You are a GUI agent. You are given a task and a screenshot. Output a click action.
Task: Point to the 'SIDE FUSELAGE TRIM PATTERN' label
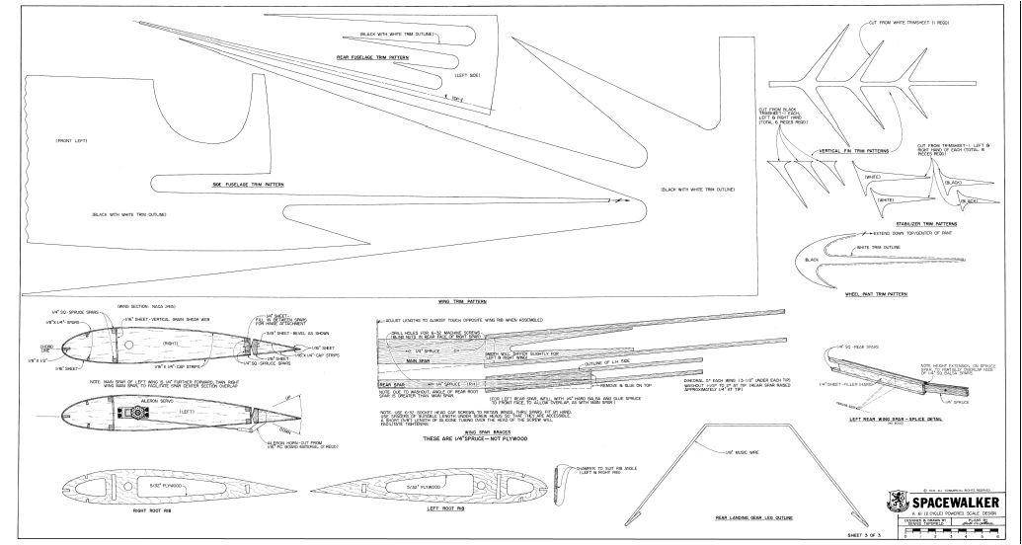tap(248, 185)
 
